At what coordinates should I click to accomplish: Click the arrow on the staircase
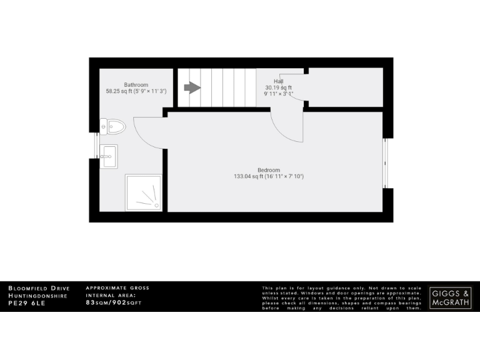(192, 87)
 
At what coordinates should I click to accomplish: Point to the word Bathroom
(136, 84)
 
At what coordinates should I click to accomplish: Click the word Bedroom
(269, 170)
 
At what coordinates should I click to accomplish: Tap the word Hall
(279, 81)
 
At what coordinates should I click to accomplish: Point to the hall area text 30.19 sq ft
(279, 87)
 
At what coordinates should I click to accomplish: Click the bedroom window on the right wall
(387, 162)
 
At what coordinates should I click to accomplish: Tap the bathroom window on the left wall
(96, 145)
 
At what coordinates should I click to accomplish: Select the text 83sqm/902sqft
(114, 302)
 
